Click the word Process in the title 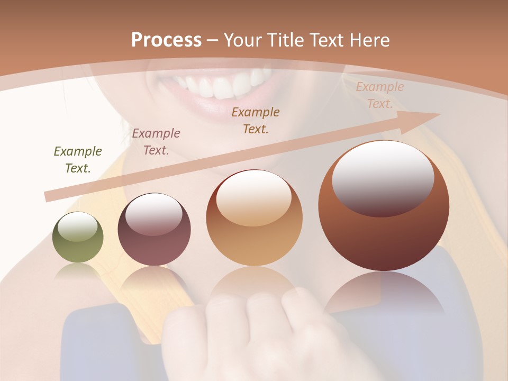click(x=166, y=40)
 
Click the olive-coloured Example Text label click(x=77, y=160)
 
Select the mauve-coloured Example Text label click(x=156, y=142)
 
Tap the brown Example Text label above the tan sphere click(x=256, y=121)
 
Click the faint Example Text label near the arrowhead click(x=379, y=95)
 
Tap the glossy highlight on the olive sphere click(x=77, y=226)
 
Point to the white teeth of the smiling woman click(x=222, y=85)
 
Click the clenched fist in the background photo click(x=254, y=328)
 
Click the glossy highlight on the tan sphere click(x=253, y=197)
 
